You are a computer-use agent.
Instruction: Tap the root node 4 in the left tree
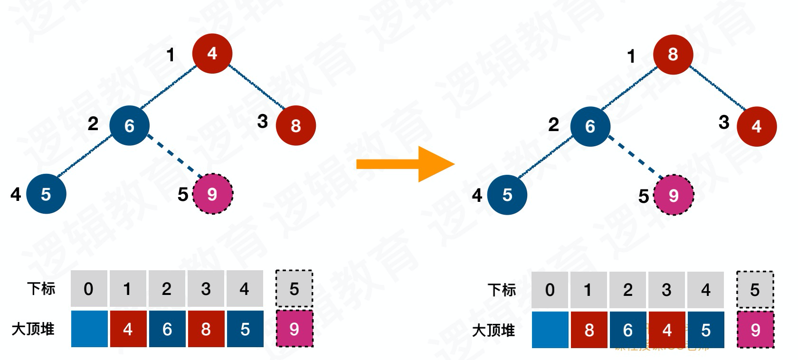[212, 53]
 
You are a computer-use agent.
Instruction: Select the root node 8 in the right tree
[673, 54]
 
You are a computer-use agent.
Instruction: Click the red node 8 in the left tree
[295, 125]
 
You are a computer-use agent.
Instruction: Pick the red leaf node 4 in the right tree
[756, 126]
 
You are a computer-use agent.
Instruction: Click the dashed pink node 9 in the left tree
[212, 194]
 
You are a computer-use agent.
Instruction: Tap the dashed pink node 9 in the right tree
[674, 195]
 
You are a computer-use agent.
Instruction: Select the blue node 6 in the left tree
[129, 125]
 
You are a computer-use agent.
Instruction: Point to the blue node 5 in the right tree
[507, 195]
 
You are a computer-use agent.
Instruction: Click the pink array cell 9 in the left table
[294, 329]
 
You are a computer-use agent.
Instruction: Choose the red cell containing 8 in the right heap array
[589, 330]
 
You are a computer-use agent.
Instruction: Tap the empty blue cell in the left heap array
[89, 329]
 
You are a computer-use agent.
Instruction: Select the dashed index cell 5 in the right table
[755, 290]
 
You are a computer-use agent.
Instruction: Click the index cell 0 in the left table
[89, 289]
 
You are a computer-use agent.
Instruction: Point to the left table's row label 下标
[41, 289]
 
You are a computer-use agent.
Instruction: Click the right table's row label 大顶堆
[493, 330]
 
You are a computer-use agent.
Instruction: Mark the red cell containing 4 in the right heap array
[667, 330]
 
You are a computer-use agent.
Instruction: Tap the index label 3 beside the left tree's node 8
[262, 122]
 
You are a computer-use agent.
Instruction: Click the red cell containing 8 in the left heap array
[206, 329]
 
